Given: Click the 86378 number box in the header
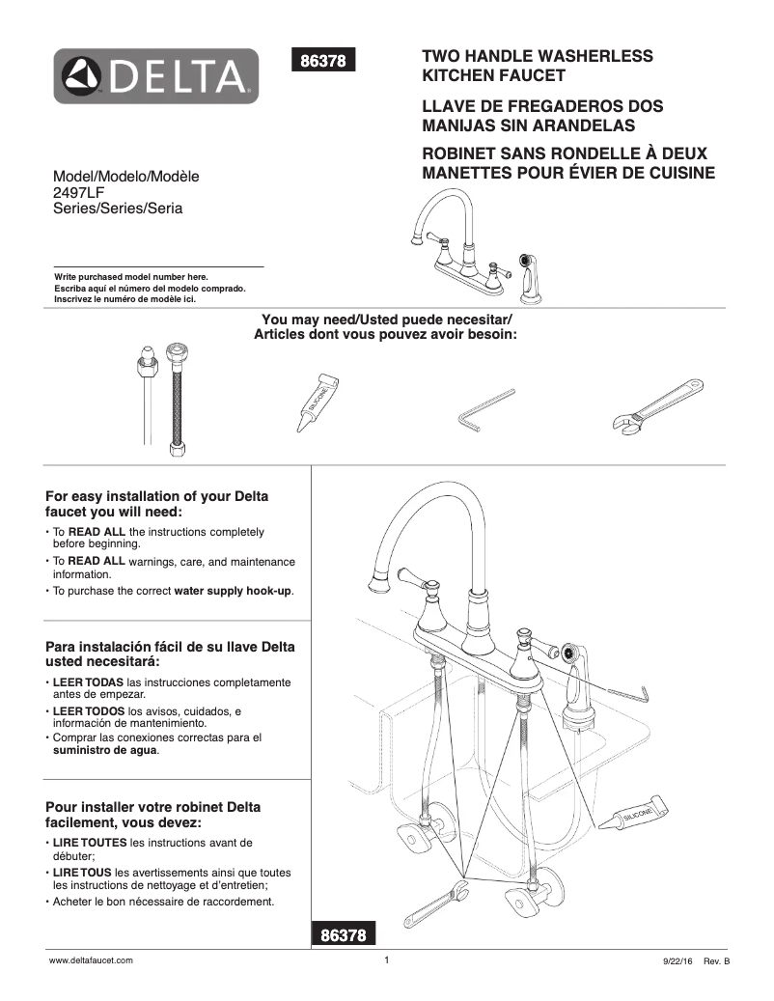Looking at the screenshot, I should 324,60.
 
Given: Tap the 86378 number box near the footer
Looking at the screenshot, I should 342,934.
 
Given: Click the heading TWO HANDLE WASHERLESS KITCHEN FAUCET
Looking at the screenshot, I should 538,66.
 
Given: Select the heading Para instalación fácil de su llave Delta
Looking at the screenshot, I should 171,654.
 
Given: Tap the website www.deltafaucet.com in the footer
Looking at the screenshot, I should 91,961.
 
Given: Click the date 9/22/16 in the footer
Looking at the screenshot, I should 676,962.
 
